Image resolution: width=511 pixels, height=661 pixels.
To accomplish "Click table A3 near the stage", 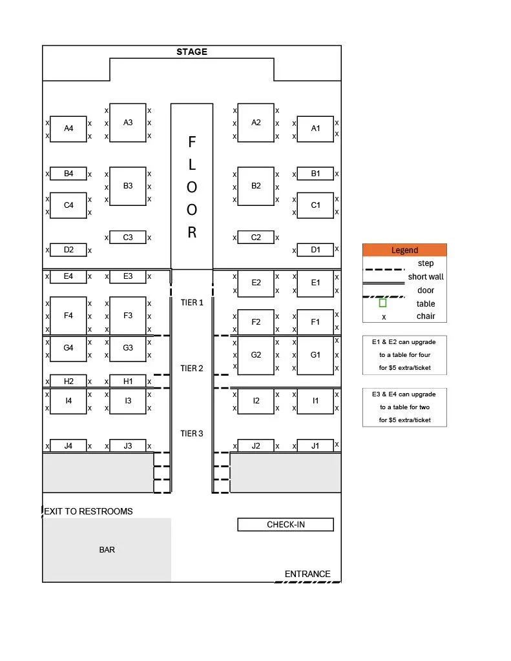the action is coord(128,123).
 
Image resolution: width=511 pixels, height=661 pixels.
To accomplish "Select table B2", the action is coord(256,186).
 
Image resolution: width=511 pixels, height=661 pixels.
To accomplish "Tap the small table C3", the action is coord(128,238).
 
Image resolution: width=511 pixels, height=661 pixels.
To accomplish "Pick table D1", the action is coord(315,250).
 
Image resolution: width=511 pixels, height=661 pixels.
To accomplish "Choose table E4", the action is coord(68,276).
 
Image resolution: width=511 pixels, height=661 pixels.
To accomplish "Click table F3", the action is coord(128,316).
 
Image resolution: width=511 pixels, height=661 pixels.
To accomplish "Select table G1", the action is coord(315,355).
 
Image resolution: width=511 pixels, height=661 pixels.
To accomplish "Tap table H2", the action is coord(68,381).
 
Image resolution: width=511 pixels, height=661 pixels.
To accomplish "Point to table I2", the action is coord(256,401).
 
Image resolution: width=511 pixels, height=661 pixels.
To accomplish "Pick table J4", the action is coord(68,445).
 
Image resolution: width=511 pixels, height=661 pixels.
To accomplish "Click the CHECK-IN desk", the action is coord(286,525).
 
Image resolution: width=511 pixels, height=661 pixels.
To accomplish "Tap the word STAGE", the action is coord(192,52).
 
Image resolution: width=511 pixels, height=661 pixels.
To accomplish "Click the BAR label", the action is coord(107,550).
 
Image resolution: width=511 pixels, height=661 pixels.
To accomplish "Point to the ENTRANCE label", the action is coord(308,574).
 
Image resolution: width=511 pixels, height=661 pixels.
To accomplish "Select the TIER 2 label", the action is coord(192,369).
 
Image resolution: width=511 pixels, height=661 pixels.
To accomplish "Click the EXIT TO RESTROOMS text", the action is coord(89,511).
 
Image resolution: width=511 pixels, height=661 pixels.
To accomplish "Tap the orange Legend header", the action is coord(404,250).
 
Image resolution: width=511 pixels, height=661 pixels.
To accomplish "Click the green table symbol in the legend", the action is coord(382,303).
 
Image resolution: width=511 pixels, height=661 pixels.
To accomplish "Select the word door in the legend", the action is coord(426,290).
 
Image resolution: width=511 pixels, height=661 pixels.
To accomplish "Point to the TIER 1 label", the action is coord(192,303).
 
